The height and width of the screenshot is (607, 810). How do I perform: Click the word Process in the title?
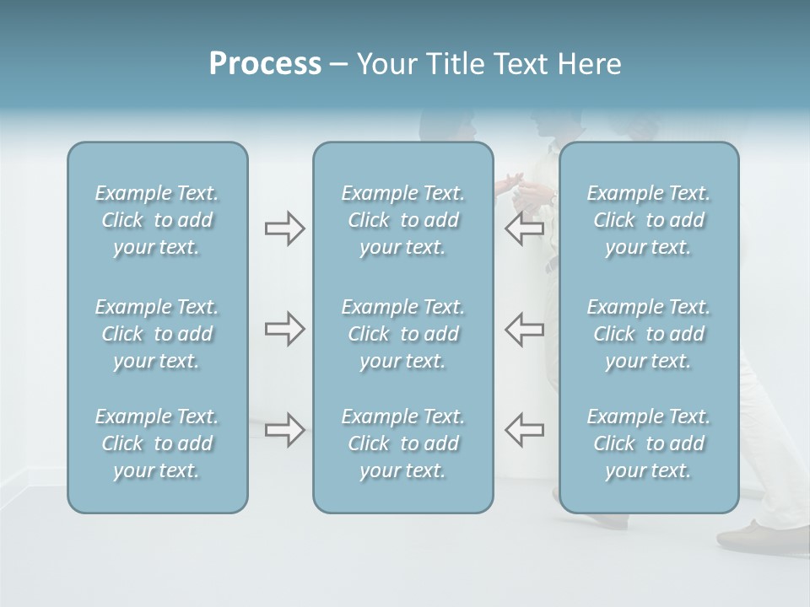[265, 64]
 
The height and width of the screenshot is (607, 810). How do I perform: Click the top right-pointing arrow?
[284, 228]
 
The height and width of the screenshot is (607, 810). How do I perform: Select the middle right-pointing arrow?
[284, 329]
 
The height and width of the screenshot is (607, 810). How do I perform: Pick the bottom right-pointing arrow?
[284, 430]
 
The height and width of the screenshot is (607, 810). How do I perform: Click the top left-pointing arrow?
[524, 228]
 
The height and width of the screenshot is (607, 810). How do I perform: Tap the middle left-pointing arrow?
[524, 329]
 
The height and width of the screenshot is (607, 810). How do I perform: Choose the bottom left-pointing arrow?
[524, 430]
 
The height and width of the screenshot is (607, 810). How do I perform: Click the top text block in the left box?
[157, 220]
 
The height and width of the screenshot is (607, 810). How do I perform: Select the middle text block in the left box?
[157, 334]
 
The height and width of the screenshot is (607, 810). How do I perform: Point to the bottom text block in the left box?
[157, 443]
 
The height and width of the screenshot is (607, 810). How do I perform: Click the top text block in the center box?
[402, 220]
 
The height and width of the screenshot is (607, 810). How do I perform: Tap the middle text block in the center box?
[402, 334]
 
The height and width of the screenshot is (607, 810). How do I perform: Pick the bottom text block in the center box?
[402, 443]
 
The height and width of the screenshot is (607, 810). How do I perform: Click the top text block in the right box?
[648, 220]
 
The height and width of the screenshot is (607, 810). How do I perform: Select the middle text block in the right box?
[648, 334]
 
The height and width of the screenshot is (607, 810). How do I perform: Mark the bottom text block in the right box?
[648, 443]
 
